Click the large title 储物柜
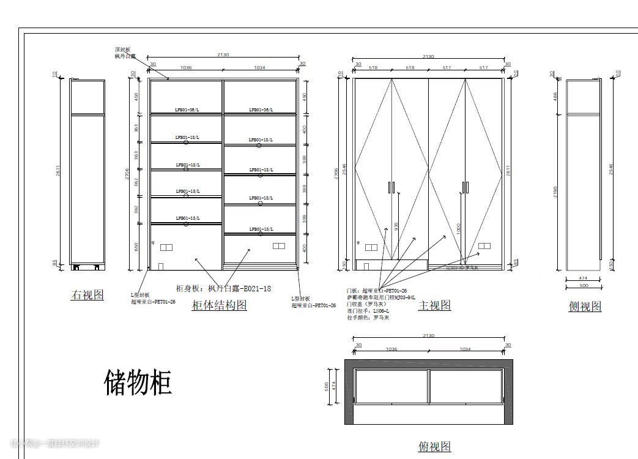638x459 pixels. click(x=138, y=382)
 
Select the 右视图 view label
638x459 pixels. click(x=87, y=295)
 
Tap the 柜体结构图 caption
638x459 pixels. click(x=219, y=305)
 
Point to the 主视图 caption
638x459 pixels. click(x=434, y=305)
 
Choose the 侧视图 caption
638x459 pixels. click(x=585, y=306)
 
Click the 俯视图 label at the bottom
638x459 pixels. click(x=434, y=447)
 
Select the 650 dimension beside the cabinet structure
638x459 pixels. click(x=136, y=247)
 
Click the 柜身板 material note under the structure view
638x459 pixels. click(x=223, y=288)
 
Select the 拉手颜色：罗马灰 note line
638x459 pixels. click(x=368, y=318)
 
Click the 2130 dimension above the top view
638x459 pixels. click(x=428, y=336)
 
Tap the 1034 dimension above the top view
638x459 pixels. click(x=465, y=349)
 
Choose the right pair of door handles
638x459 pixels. click(x=465, y=187)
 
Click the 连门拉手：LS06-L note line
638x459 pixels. click(x=368, y=311)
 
